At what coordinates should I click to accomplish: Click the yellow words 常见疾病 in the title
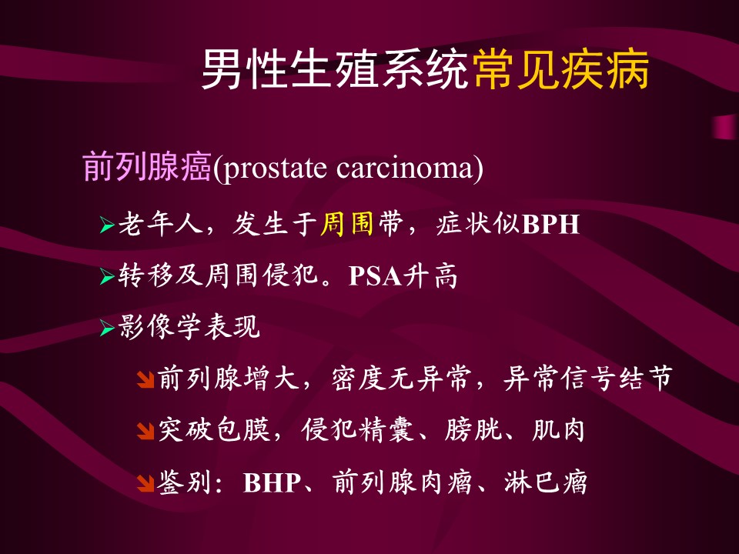[562, 70]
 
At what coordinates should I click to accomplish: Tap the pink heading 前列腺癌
[147, 167]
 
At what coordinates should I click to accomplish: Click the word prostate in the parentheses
[275, 169]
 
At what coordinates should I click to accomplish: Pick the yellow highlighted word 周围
[347, 223]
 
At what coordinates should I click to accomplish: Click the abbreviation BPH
[550, 224]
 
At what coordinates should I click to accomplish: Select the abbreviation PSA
[375, 276]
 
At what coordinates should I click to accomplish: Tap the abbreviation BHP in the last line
[272, 483]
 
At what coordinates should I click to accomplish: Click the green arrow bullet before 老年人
[107, 225]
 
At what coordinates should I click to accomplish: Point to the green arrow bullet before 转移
[107, 277]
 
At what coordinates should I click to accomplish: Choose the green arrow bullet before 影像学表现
[107, 328]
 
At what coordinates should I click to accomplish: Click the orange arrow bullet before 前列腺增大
[145, 379]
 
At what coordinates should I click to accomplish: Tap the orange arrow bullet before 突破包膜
[145, 431]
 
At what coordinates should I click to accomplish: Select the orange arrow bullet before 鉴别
[145, 483]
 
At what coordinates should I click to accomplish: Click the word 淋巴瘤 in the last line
[546, 482]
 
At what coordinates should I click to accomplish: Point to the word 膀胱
[473, 430]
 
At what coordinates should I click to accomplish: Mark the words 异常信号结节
[587, 379]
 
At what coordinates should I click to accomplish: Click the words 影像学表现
[189, 326]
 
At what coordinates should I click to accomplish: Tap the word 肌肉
[559, 430]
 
